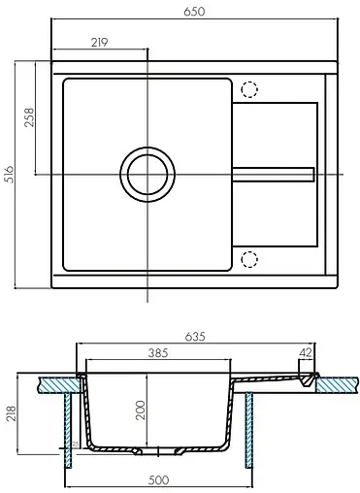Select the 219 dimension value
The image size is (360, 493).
99,42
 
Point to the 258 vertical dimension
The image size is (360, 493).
29,116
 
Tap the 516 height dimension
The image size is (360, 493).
9,175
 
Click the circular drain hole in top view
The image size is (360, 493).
147,175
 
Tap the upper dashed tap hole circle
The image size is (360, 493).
249,91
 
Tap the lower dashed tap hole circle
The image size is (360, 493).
249,259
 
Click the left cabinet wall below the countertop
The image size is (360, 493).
66,432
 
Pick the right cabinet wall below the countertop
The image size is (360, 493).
253,432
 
